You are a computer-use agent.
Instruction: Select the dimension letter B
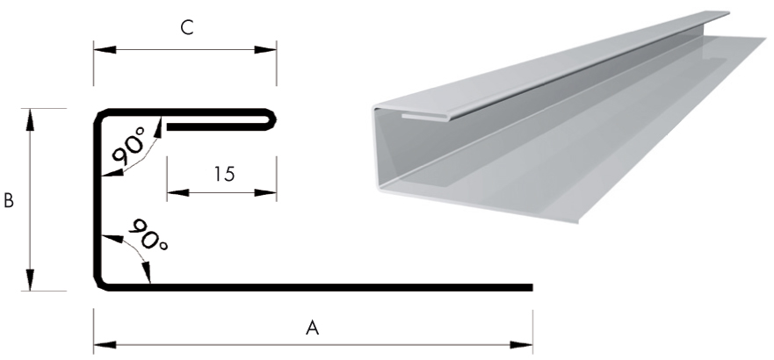pos(9,201)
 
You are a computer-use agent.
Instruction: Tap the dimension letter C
pos(186,28)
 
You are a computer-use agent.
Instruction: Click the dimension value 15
pos(224,174)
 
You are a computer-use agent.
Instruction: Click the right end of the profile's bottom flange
pos(530,287)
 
